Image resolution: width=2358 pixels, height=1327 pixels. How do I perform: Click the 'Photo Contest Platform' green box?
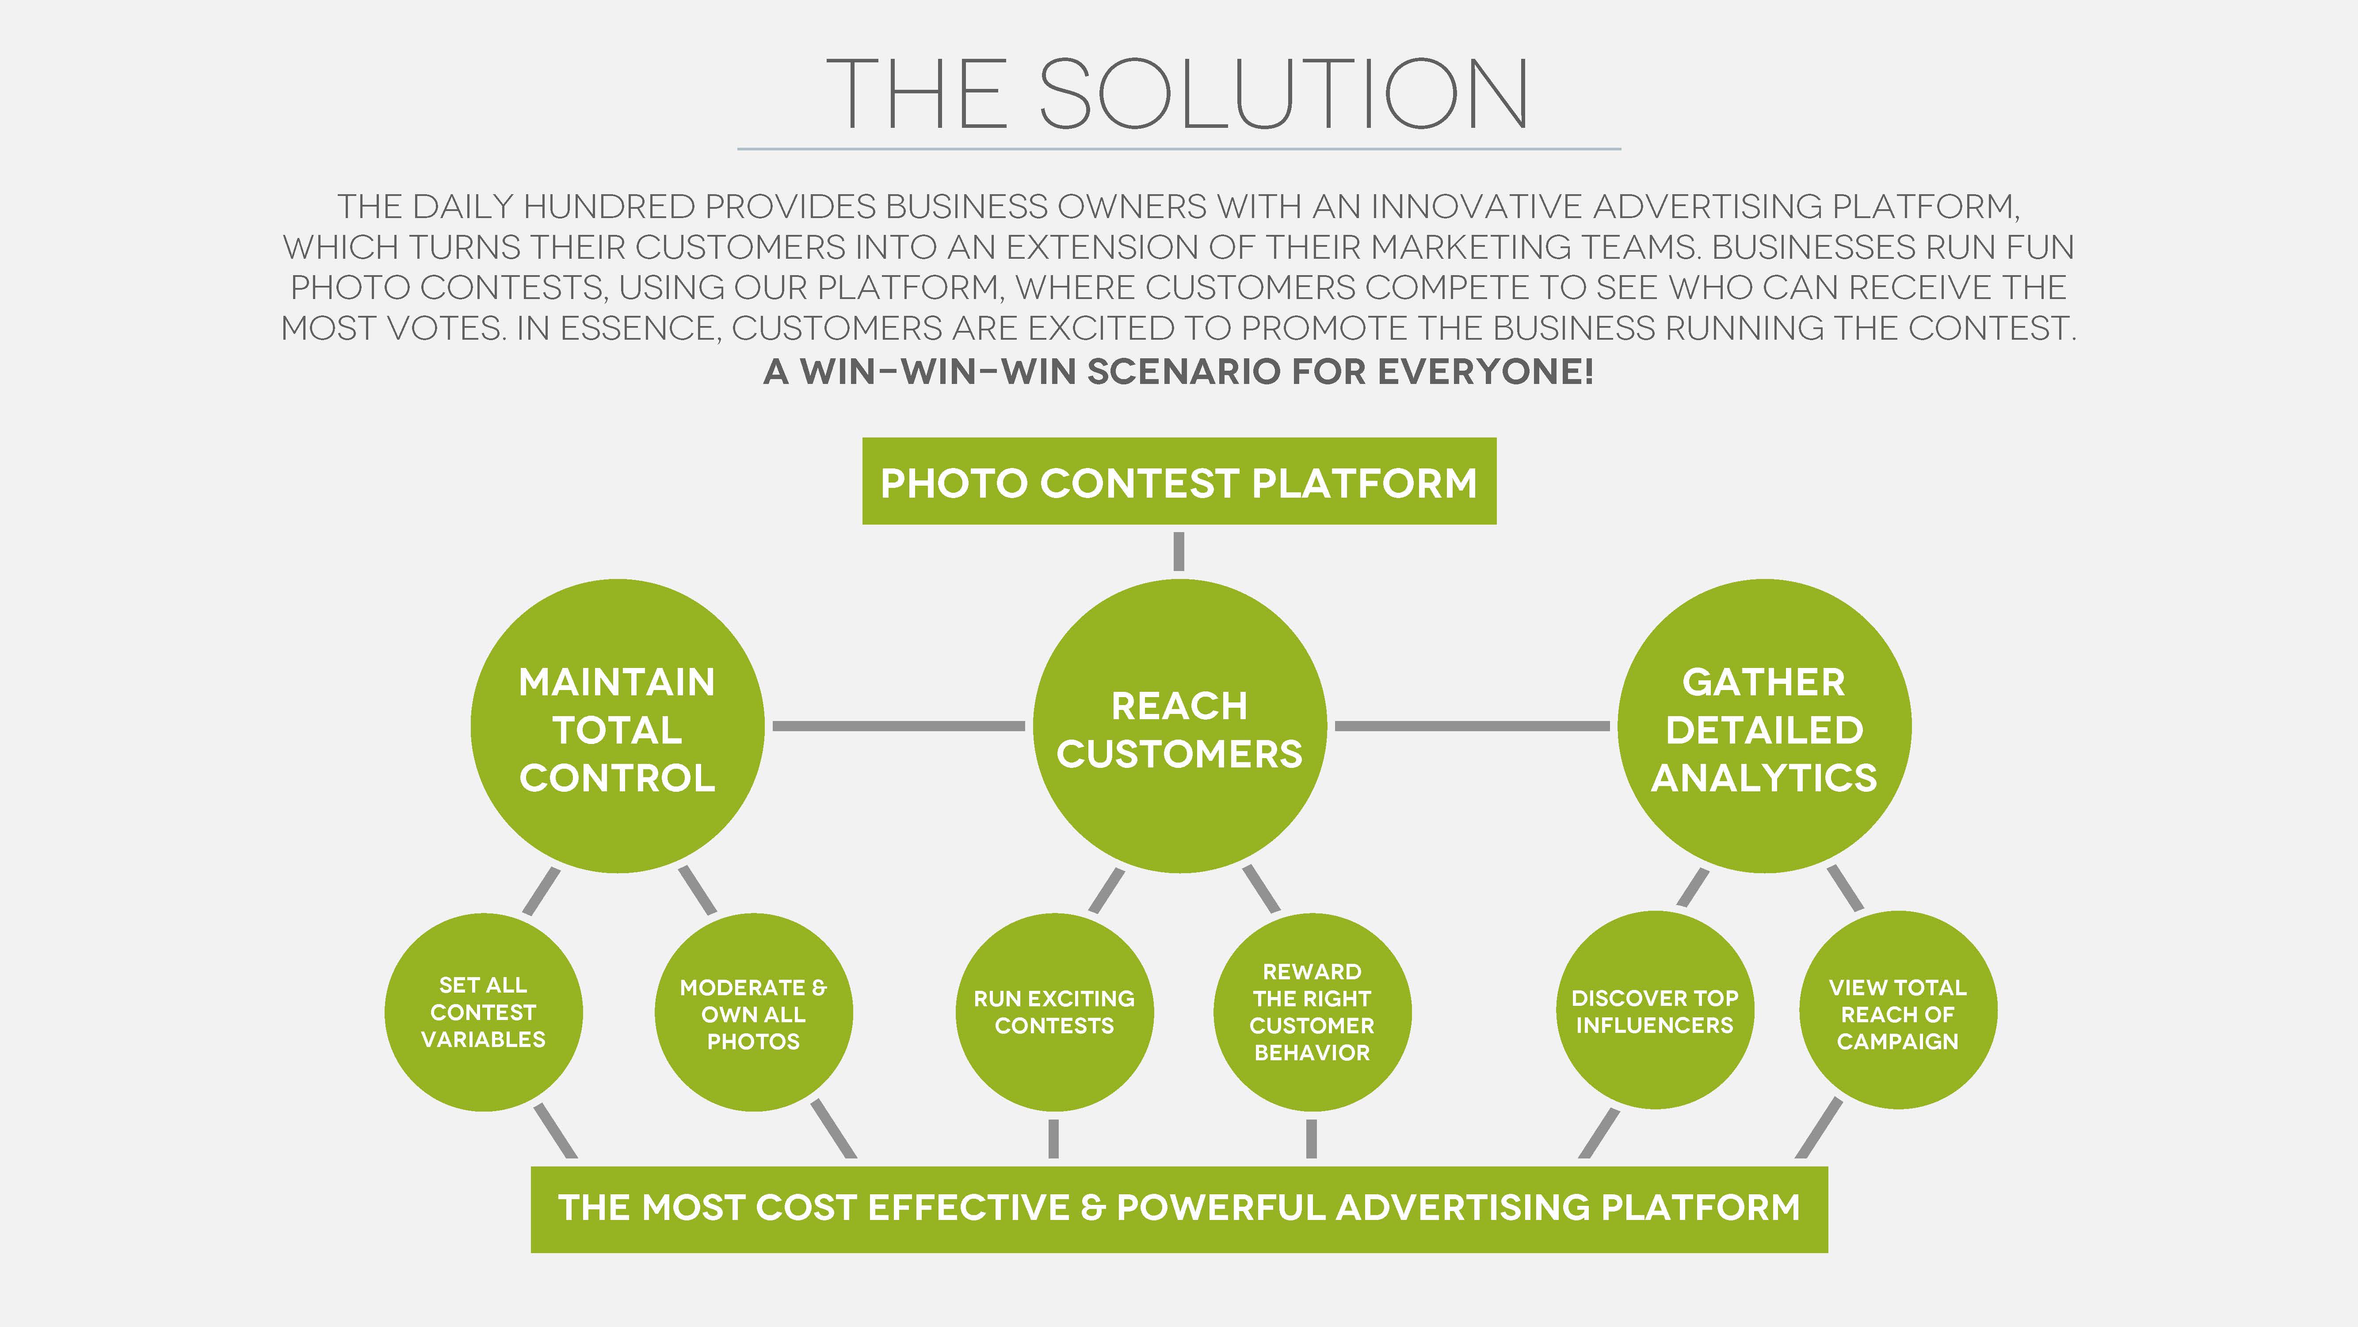1179,482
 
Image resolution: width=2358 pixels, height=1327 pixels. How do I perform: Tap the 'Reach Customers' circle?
1179,726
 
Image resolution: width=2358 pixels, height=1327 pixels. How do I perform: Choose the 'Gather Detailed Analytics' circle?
1764,726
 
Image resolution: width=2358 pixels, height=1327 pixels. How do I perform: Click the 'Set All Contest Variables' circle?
483,1012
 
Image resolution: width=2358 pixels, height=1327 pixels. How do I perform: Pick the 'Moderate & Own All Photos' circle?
753,1012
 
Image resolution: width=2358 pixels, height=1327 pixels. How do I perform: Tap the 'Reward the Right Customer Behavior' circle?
1312,1012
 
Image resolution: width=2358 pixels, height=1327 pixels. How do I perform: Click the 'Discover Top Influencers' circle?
1655,1010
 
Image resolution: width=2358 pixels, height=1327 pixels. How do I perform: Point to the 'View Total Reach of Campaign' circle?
1897,1010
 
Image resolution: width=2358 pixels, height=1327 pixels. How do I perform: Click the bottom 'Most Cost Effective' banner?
1179,1208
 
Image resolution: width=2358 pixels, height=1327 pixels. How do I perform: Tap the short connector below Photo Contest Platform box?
1179,551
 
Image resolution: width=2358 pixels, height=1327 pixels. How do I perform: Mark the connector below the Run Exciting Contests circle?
1053,1138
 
